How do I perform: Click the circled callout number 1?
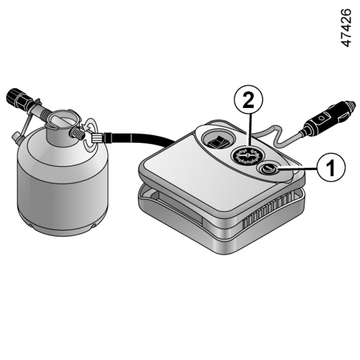pos(331,167)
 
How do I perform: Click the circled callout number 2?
pos(248,100)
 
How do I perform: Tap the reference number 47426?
pos(346,28)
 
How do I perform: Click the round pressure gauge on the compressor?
pos(248,155)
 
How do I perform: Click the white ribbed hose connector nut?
pos(97,139)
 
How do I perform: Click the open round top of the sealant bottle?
pos(62,119)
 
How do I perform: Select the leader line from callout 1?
pos(298,169)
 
